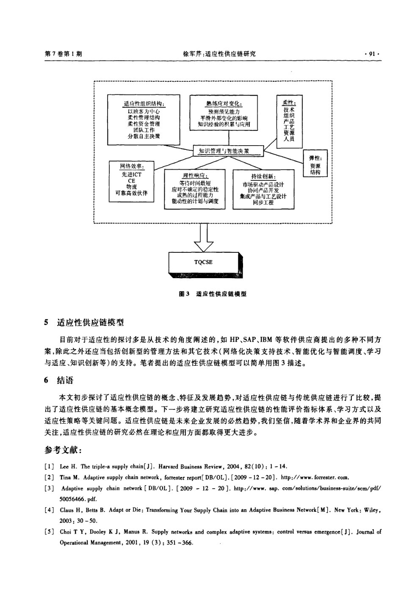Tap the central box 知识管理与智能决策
pos(228,151)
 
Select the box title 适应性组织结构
pos(144,104)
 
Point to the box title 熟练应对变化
pos(224,104)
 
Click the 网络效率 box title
pos(132,166)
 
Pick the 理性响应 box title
pos(195,176)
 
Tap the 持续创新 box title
pos(263,177)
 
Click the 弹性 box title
pos(315,158)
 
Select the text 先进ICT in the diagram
pos(132,174)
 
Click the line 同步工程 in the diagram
pos(263,202)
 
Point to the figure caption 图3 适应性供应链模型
pos(213,294)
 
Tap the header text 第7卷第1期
pos(64,54)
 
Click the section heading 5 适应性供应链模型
pos(84,323)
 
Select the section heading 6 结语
pos(59,381)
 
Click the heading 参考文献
pos(63,450)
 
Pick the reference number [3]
pos(49,488)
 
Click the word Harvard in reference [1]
pos(169,467)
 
